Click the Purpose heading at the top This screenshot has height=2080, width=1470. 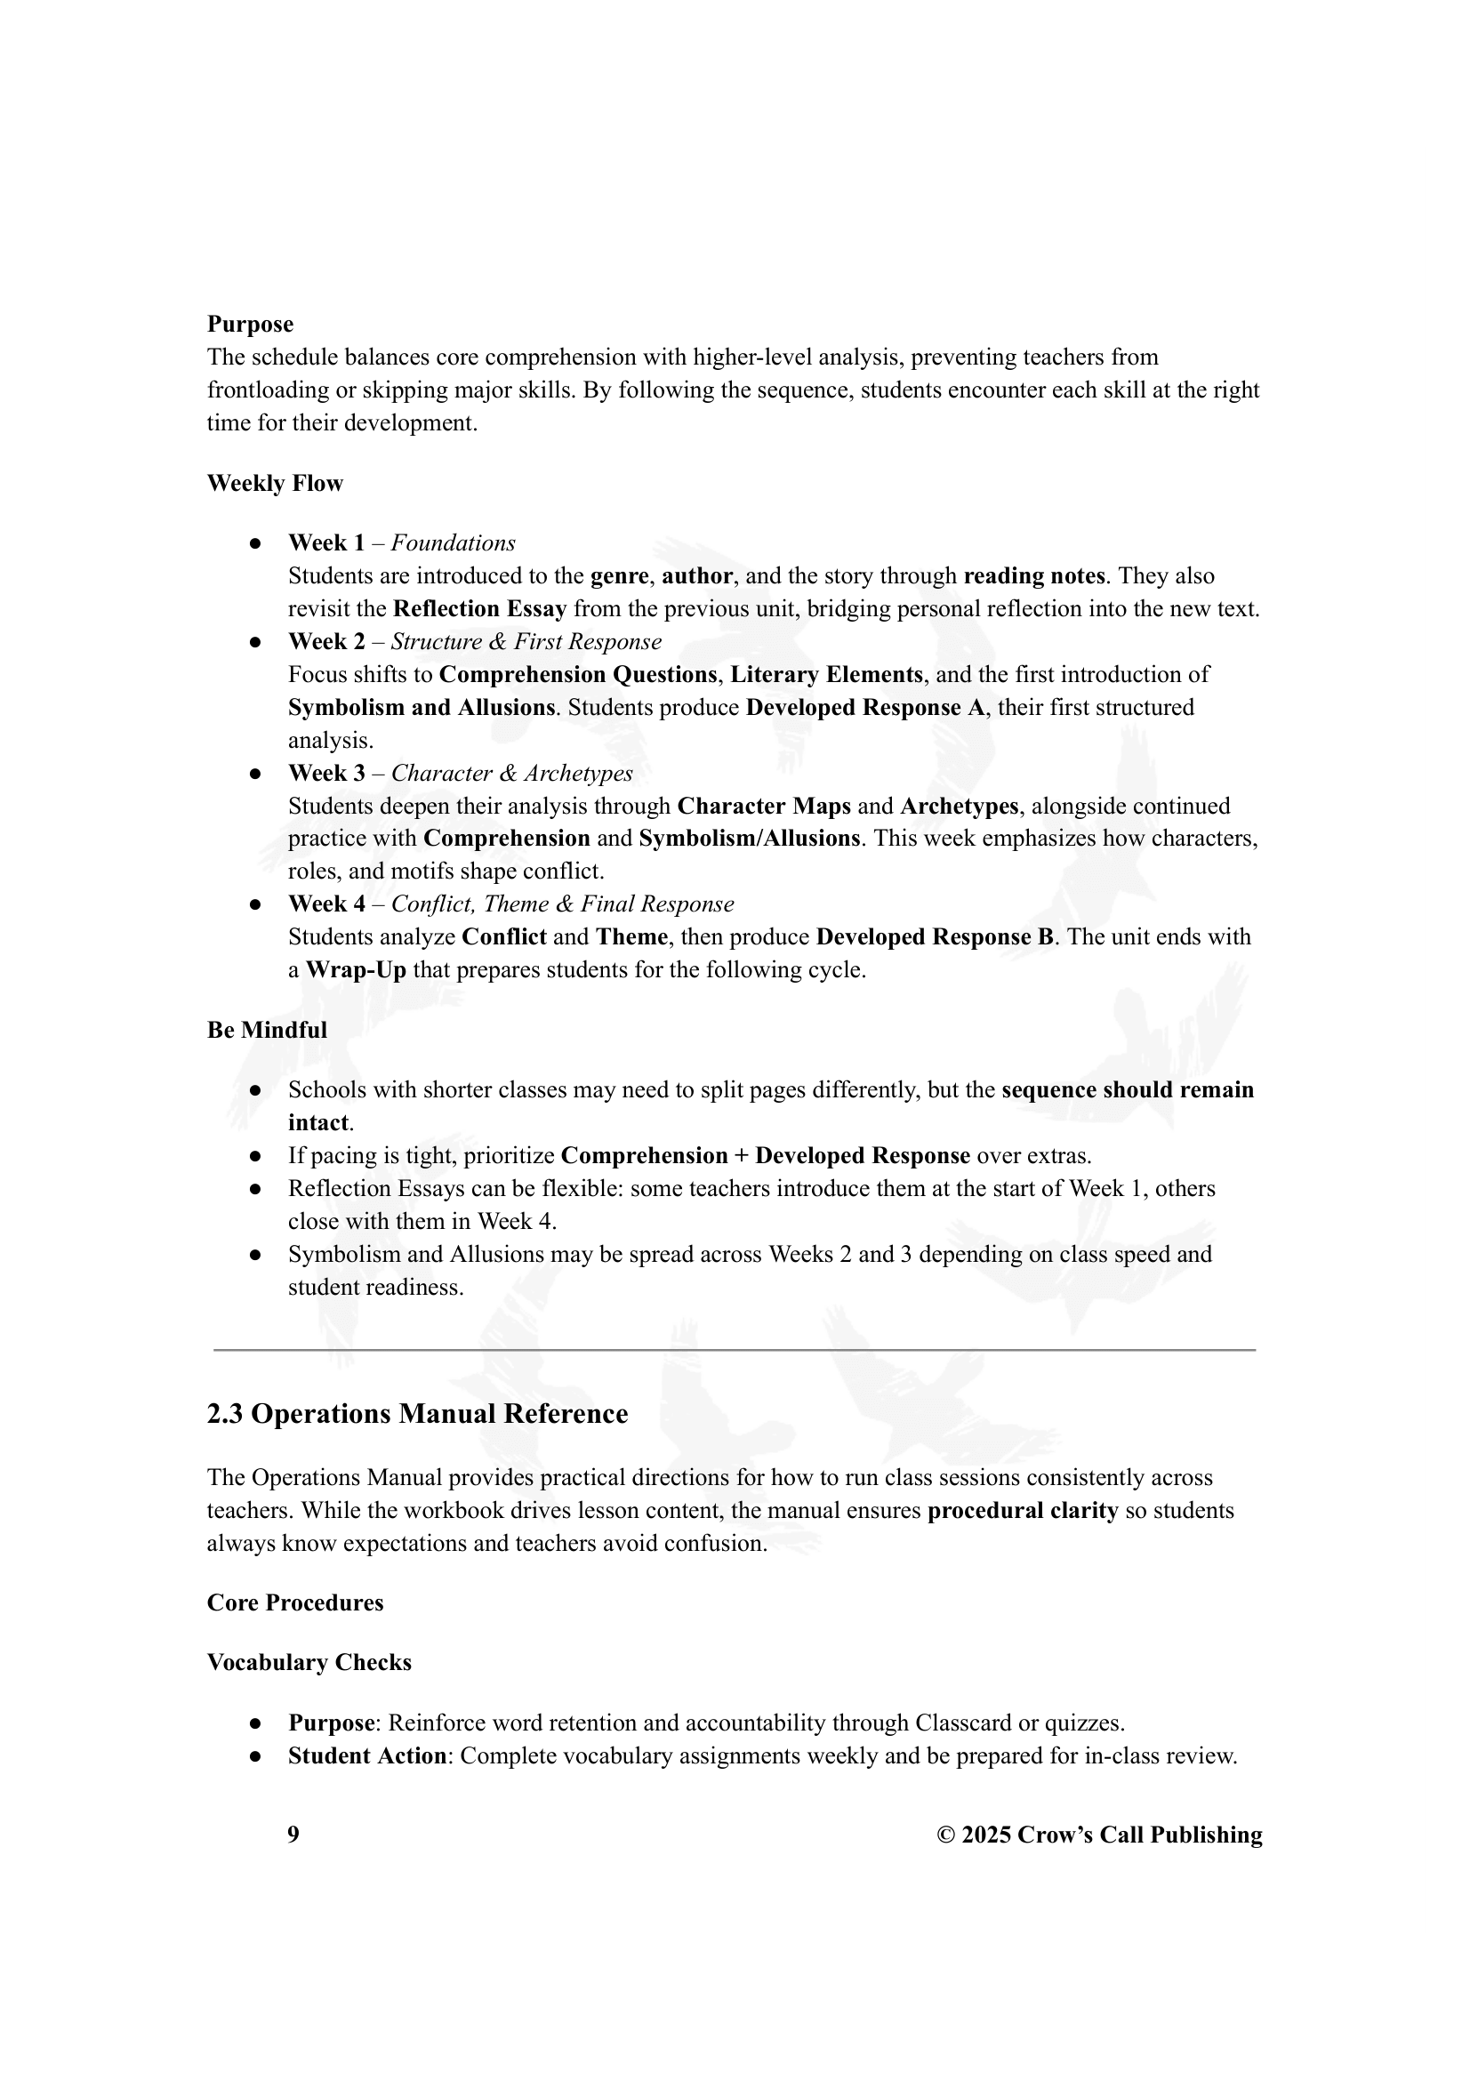click(x=250, y=325)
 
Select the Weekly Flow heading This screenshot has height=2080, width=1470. click(x=275, y=484)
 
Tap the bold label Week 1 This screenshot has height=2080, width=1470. click(x=326, y=543)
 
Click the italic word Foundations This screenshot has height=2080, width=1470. click(x=453, y=543)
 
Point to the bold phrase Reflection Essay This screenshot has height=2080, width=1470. click(x=480, y=609)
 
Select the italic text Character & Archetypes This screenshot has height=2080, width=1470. click(x=511, y=774)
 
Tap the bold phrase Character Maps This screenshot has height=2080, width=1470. click(x=764, y=807)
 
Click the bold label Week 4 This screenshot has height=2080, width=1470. click(x=326, y=904)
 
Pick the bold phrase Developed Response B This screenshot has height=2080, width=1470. click(x=934, y=936)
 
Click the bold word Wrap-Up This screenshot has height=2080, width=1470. click(x=356, y=970)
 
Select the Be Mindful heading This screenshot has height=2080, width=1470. click(x=267, y=1030)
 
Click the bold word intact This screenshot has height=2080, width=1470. click(x=317, y=1123)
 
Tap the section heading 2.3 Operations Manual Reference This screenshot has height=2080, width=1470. click(x=418, y=1414)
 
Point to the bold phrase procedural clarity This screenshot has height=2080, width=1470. click(x=1023, y=1511)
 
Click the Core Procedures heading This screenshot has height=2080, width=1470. click(x=295, y=1603)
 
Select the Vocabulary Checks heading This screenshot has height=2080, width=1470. click(x=309, y=1663)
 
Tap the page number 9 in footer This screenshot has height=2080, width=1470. click(x=293, y=1835)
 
